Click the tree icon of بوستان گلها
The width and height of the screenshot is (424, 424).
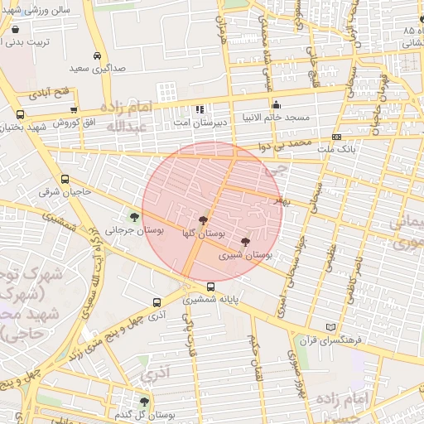click(x=203, y=220)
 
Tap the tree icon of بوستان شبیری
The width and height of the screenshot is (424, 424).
click(x=245, y=242)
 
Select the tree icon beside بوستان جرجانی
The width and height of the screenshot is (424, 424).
click(x=135, y=218)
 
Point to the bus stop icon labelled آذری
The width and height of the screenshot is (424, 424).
click(x=157, y=302)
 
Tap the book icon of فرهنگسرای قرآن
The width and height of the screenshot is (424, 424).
click(x=333, y=327)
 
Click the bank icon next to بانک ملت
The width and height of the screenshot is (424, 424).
click(x=336, y=137)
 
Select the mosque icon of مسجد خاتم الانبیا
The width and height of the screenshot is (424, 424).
click(x=277, y=105)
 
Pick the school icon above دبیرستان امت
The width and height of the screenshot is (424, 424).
click(x=199, y=109)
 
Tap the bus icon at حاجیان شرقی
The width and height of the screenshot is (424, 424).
click(x=65, y=179)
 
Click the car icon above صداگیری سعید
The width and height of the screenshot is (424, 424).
click(x=98, y=55)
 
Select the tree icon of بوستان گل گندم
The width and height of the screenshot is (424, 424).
click(x=145, y=402)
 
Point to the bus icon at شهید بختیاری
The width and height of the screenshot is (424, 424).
click(x=20, y=115)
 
